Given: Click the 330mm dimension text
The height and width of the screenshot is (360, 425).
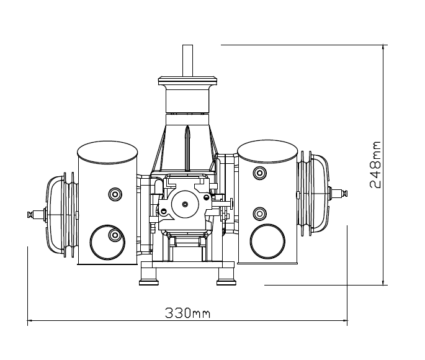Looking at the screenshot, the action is click(x=187, y=313).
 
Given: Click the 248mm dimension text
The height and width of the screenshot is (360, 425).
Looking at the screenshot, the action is click(x=375, y=164).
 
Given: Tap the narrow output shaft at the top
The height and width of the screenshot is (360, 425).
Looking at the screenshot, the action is click(x=187, y=61).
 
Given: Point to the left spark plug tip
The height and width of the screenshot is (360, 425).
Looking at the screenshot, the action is click(x=29, y=214).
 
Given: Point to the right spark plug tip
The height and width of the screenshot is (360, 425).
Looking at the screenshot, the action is click(x=345, y=194).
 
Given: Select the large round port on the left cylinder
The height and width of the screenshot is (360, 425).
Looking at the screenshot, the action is click(x=107, y=242).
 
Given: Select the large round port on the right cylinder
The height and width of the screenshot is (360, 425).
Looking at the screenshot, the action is click(x=267, y=241).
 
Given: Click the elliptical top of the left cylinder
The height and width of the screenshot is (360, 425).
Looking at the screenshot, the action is click(x=107, y=152).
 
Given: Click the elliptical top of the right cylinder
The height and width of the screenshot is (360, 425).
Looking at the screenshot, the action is click(x=267, y=151).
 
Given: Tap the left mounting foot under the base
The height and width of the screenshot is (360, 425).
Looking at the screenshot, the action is click(x=148, y=276).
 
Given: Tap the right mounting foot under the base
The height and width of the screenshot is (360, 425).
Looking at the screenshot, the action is click(x=226, y=276).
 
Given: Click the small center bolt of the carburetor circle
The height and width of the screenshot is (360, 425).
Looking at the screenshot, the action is click(x=185, y=204).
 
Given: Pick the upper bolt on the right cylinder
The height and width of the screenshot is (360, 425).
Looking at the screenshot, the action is click(x=259, y=173).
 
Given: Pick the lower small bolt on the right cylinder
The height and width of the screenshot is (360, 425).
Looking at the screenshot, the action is click(x=259, y=214).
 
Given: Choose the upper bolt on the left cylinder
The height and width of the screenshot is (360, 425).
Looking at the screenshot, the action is click(x=115, y=194).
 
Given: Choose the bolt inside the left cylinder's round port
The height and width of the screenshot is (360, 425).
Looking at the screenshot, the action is click(x=115, y=235).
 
